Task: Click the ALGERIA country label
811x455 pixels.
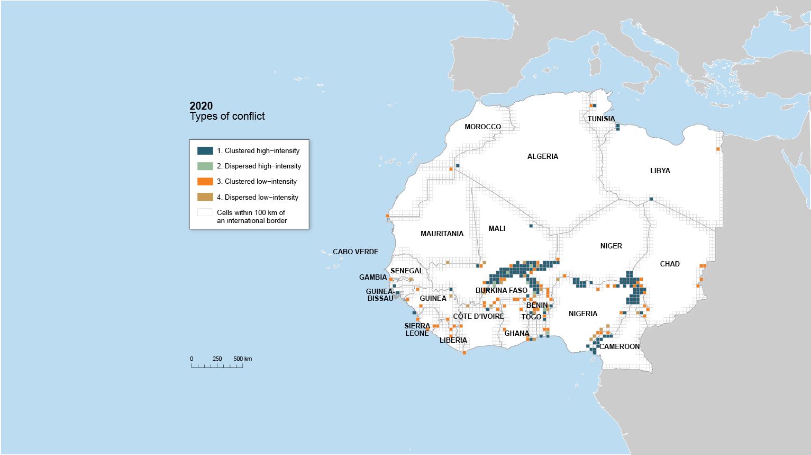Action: [x=542, y=156]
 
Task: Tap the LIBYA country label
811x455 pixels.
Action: [x=660, y=171]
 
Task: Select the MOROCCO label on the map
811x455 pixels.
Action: [x=482, y=127]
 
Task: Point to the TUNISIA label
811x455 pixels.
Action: [x=601, y=119]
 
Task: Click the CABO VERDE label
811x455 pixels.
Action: [x=356, y=252]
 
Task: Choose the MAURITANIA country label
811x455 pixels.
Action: [x=442, y=234]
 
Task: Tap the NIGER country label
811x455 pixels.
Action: [x=611, y=246]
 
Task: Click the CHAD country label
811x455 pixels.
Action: [x=669, y=264]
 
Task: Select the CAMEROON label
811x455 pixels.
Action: [x=619, y=346]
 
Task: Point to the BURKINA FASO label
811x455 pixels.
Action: [x=501, y=290]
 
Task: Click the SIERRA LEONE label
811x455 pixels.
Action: [x=417, y=329]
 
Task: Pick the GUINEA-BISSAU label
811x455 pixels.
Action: [x=380, y=295]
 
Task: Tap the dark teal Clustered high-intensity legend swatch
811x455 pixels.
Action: [x=205, y=150]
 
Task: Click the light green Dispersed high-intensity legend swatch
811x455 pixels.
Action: [x=205, y=166]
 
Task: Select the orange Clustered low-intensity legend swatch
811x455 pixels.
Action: [x=205, y=181]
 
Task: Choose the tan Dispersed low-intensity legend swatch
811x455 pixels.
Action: [x=205, y=197]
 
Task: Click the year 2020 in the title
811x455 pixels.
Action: [x=201, y=106]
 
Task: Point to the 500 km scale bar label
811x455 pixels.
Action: [x=242, y=359]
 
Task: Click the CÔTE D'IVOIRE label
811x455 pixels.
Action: [x=478, y=316]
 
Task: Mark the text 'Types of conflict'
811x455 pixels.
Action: [x=227, y=117]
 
